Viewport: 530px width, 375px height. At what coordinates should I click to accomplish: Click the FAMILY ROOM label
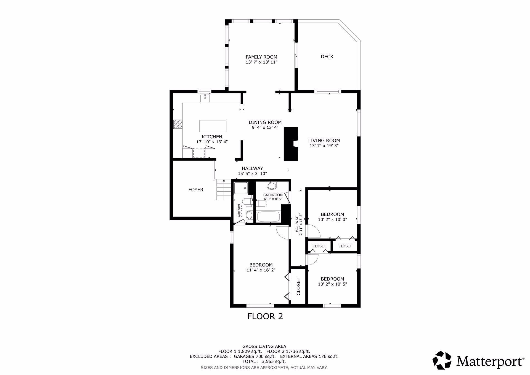coord(261,57)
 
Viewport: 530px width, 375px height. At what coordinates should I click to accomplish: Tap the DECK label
coord(327,57)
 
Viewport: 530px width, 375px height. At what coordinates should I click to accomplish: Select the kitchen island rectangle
coord(213,126)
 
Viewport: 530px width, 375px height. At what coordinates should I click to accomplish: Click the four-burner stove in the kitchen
coord(178,124)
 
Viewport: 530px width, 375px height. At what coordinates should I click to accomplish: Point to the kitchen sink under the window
coord(205,98)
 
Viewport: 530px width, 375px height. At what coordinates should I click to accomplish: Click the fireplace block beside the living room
coord(291,144)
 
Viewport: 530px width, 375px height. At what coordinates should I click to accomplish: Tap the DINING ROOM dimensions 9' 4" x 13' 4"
coord(265,128)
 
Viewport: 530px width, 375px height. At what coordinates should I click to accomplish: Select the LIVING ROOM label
coord(324,141)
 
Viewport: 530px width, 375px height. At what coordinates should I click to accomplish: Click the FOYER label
coord(196,190)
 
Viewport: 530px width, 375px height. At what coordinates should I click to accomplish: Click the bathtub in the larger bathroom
coord(269,216)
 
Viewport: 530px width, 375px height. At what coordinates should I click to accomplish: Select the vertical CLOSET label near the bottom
coord(298,286)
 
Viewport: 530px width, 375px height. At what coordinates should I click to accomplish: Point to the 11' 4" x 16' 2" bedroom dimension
coord(261,270)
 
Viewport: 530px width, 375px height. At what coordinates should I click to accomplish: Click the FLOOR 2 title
coord(265,316)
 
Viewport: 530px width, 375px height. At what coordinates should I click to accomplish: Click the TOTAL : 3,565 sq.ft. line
coord(264,361)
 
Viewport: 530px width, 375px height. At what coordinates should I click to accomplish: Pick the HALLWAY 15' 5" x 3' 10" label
coord(252,171)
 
